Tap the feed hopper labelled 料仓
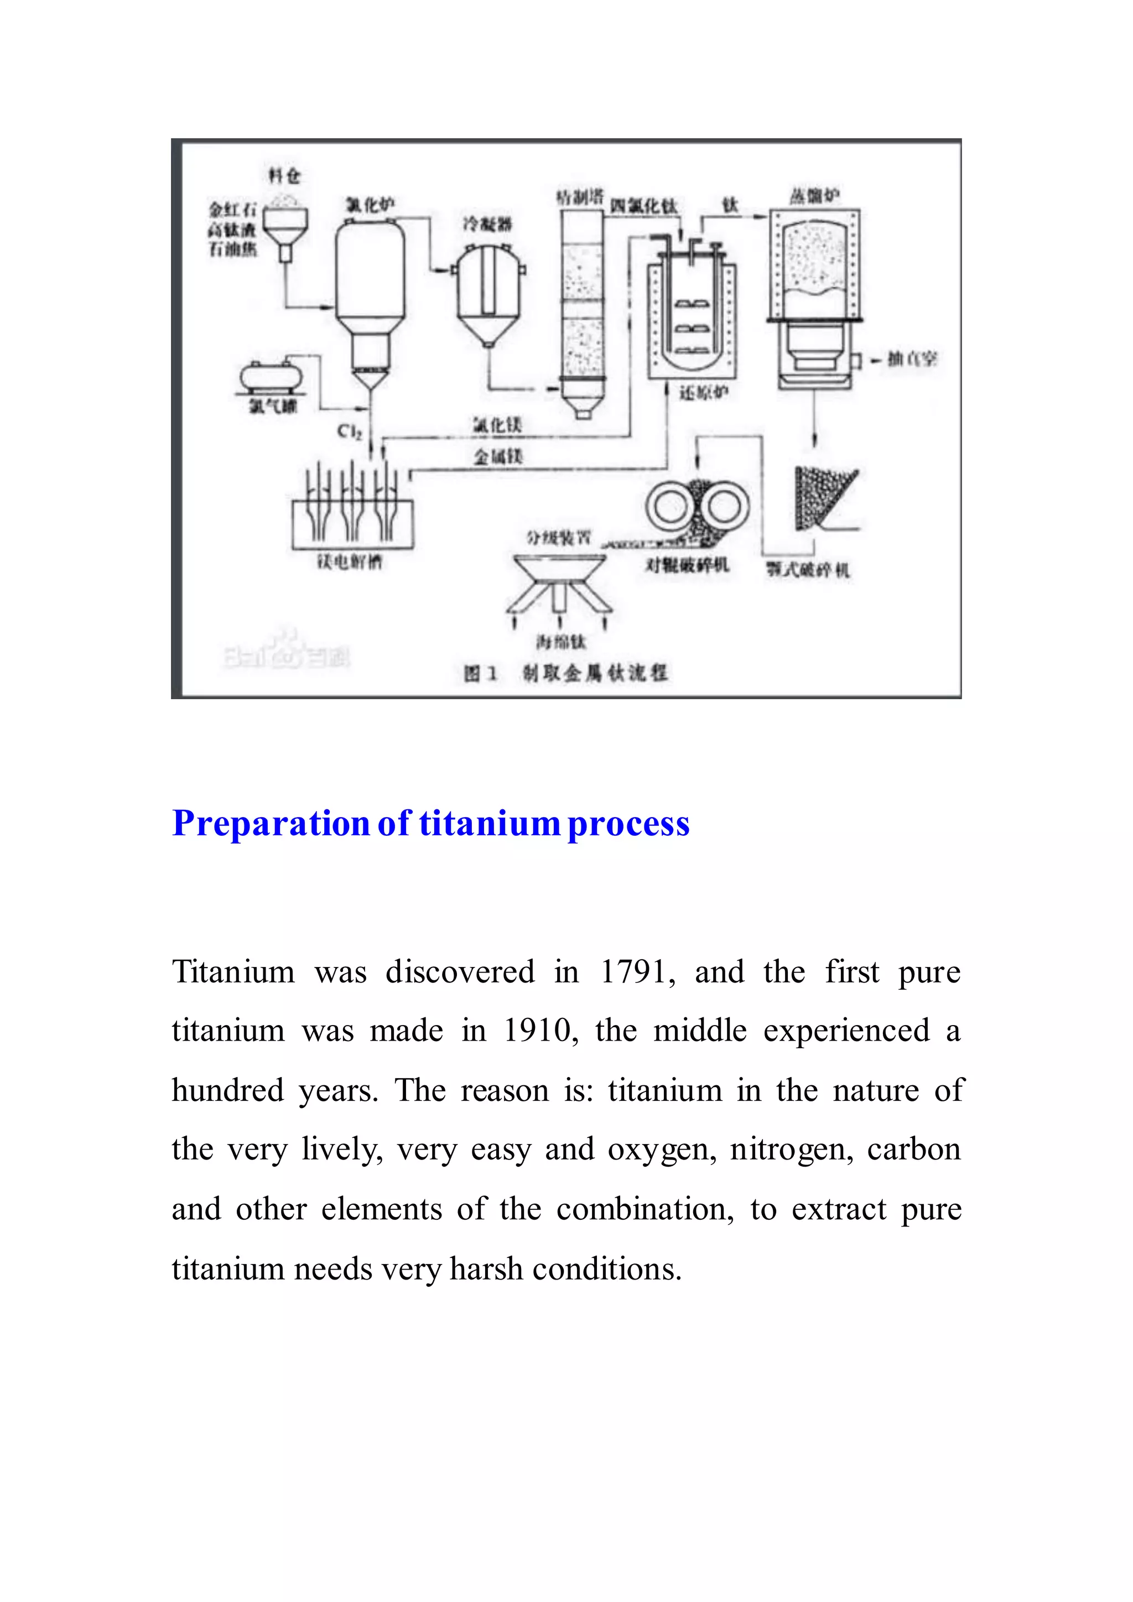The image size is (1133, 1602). click(x=285, y=227)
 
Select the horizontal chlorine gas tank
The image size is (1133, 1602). click(x=273, y=377)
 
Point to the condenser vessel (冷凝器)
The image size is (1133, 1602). click(x=488, y=293)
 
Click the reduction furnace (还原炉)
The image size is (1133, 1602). click(x=690, y=314)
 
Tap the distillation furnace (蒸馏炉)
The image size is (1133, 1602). click(x=814, y=293)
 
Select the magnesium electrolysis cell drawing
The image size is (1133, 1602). click(x=352, y=513)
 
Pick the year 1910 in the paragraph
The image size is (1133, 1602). click(x=537, y=1031)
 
